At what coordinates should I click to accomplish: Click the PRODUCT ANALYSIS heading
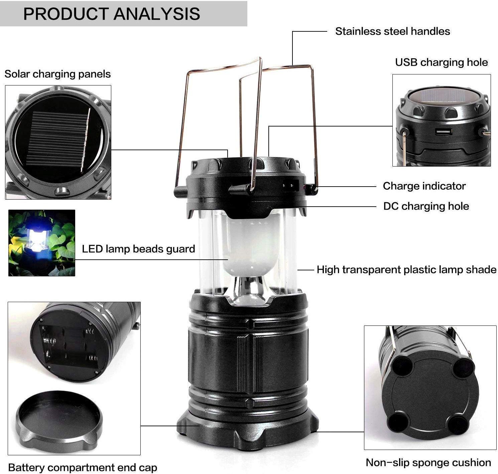coord(111,14)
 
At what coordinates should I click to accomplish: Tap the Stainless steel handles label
coord(392,31)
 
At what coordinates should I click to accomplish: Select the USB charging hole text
coord(441,62)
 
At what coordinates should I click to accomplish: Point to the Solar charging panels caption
coord(57,74)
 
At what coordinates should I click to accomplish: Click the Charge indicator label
coord(424,186)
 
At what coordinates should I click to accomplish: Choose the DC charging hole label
coord(426,206)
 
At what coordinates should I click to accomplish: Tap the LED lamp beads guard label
coord(138,249)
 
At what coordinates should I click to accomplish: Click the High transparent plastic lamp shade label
coord(406,270)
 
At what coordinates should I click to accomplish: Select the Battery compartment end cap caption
coord(83,467)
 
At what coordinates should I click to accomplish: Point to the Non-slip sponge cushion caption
coord(428,463)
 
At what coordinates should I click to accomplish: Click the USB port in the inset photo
coord(443,132)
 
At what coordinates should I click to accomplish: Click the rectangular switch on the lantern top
coord(291,185)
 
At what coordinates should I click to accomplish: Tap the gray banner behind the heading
coord(124,14)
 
